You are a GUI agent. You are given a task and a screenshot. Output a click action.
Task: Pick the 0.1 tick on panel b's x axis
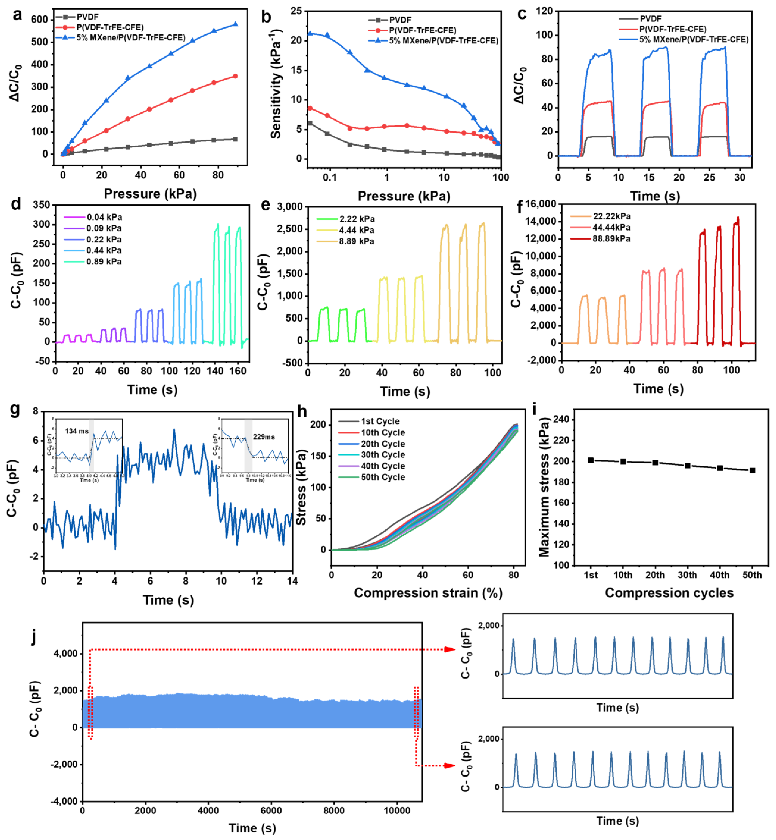coord(330,178)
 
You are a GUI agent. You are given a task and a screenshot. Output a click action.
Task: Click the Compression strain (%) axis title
coord(428,593)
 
